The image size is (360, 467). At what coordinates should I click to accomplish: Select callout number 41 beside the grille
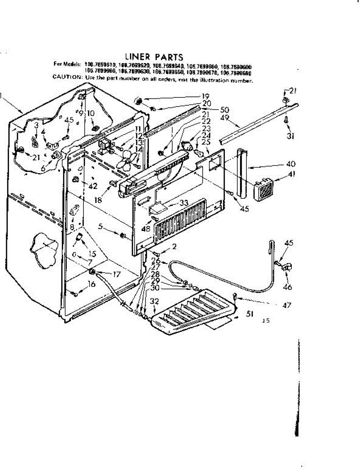click(x=292, y=174)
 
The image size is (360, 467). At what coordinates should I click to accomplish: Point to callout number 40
click(x=291, y=163)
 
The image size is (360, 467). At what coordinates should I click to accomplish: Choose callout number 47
click(x=287, y=306)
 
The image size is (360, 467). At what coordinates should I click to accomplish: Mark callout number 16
click(x=91, y=284)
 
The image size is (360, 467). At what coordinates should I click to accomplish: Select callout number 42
click(x=92, y=186)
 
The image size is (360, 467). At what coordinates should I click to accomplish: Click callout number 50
click(x=225, y=110)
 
